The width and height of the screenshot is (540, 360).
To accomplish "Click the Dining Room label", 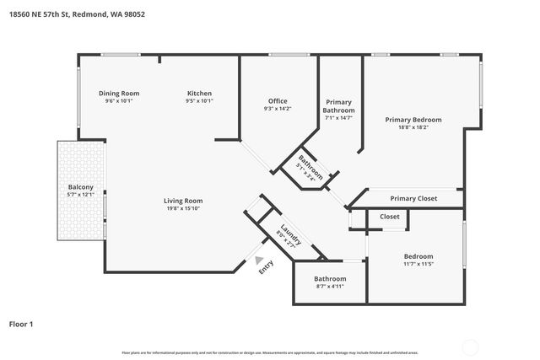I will point(119,93).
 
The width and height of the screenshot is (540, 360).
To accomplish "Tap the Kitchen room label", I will point(199,93).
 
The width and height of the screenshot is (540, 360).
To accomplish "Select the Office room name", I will point(278,101).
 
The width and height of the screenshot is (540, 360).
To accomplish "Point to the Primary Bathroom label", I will point(339,105).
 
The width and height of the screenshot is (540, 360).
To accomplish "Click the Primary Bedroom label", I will point(413,120).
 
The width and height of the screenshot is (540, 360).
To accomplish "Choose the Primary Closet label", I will point(413,198).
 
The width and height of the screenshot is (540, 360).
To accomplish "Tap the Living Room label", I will point(183,200).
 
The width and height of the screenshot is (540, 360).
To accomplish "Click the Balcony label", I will point(81,187).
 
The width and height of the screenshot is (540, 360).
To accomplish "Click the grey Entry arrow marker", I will point(260,261).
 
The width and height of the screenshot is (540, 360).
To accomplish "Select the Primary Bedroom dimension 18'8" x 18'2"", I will point(413,127).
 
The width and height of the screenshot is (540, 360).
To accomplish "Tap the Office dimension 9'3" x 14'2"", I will point(278,109).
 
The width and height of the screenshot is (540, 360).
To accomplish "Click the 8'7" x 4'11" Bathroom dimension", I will point(330,286).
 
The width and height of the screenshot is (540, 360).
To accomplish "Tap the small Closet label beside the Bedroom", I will point(390,217).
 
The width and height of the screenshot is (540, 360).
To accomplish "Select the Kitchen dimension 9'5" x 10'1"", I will point(199,100).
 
